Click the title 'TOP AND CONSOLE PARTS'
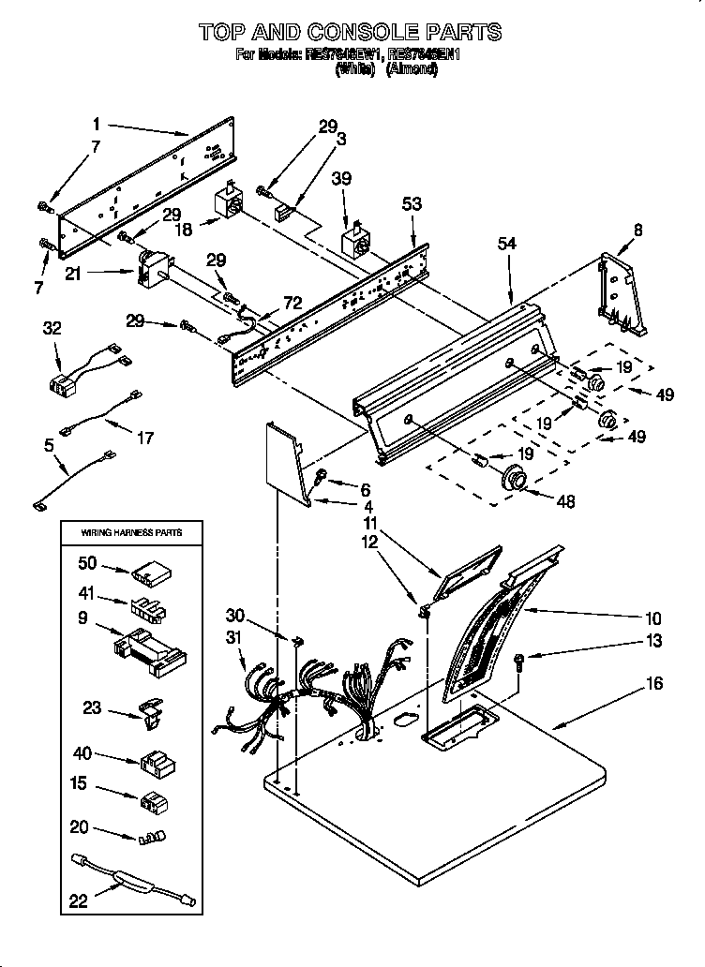tap(350, 33)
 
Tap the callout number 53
tap(412, 203)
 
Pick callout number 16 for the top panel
tap(653, 684)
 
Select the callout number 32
tap(52, 327)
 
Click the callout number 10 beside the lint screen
tap(652, 618)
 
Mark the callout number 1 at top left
tap(97, 122)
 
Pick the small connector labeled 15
tap(151, 802)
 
